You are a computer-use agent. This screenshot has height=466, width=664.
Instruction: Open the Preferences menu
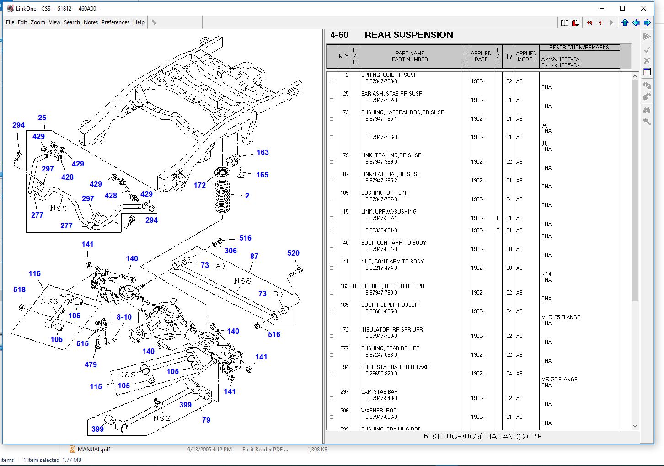pos(115,22)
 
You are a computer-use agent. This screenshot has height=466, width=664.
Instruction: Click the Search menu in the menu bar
pos(72,22)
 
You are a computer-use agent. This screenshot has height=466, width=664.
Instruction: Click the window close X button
pos(644,8)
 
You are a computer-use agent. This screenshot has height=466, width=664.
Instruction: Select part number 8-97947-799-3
pos(381,81)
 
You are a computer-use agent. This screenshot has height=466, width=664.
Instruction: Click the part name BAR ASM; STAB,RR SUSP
pos(391,94)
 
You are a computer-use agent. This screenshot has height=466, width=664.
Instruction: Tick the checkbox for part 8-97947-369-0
pos(332,162)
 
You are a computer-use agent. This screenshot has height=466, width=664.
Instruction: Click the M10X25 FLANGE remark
pos(560,317)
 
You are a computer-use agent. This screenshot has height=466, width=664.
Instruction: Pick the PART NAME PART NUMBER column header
pos(409,56)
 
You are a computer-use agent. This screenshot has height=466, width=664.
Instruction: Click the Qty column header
pos(508,56)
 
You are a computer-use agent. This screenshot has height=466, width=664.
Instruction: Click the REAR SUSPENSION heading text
pos(408,35)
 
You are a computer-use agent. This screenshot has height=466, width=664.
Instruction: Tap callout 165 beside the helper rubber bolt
pos(262,175)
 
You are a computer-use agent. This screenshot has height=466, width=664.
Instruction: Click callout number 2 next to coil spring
pos(247,196)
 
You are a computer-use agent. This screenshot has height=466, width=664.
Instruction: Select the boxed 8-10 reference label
pos(124,317)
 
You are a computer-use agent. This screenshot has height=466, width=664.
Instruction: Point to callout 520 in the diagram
pos(293,253)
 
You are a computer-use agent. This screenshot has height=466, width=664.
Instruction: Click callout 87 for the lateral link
pos(254,257)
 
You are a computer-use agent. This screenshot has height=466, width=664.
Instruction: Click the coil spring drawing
pos(223,196)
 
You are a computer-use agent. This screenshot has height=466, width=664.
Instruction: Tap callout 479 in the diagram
pos(91,364)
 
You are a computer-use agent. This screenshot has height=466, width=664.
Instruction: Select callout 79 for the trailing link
pos(206,420)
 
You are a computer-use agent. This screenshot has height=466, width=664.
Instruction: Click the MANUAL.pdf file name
pos(94,449)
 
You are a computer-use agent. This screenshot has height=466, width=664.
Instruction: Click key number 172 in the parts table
pos(344,330)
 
